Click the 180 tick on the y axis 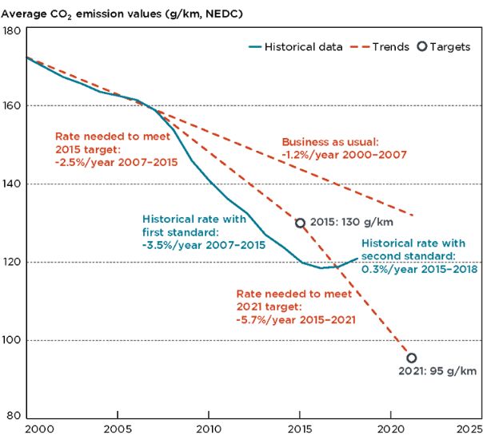(x=12, y=30)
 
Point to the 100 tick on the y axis (x=12, y=341)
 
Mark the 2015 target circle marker (x=300, y=223)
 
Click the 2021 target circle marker (x=411, y=358)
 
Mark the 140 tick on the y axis (x=12, y=184)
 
